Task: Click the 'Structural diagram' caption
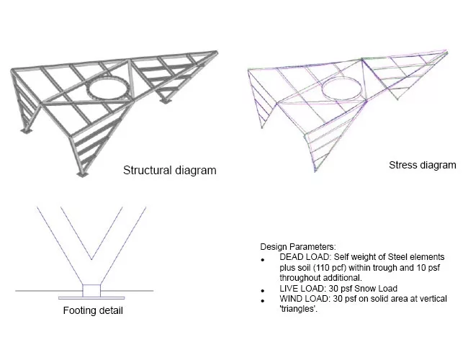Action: tap(169, 171)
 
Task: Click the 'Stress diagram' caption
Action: tap(423, 165)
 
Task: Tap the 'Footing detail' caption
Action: tap(93, 310)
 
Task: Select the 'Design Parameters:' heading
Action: tap(298, 247)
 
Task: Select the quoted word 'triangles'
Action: tap(297, 309)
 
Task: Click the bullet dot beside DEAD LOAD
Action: tap(263, 260)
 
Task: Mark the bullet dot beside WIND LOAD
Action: tap(263, 301)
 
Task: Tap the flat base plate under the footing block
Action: tap(91, 298)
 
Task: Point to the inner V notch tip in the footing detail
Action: tap(91, 259)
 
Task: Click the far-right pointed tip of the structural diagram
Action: tap(217, 53)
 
